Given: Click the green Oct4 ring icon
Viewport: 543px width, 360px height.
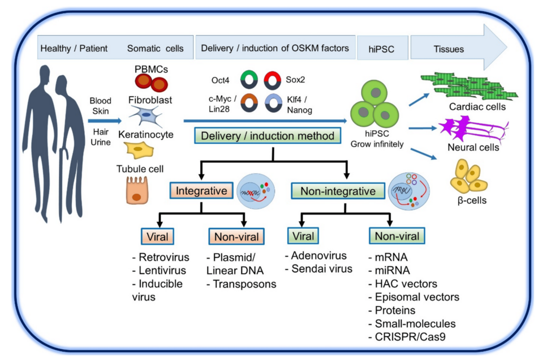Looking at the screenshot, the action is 249,80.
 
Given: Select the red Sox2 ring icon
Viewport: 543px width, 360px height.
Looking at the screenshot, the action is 272,80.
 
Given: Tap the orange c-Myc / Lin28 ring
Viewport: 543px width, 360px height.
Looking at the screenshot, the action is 249,103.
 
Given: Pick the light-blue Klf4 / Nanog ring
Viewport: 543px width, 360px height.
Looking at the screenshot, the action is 274,103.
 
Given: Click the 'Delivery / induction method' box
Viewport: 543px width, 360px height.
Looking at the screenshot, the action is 268,136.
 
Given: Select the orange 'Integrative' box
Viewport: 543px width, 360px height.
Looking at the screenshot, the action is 201,191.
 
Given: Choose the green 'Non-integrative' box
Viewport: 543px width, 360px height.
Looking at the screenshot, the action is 338,191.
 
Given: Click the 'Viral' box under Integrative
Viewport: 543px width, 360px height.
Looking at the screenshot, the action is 157,237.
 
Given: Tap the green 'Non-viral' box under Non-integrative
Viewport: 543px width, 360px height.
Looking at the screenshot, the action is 397,236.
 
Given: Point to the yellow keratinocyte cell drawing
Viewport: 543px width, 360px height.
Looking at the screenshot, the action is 139,149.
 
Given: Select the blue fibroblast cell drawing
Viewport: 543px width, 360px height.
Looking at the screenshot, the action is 146,115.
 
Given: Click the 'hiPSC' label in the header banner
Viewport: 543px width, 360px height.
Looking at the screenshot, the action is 381,49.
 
